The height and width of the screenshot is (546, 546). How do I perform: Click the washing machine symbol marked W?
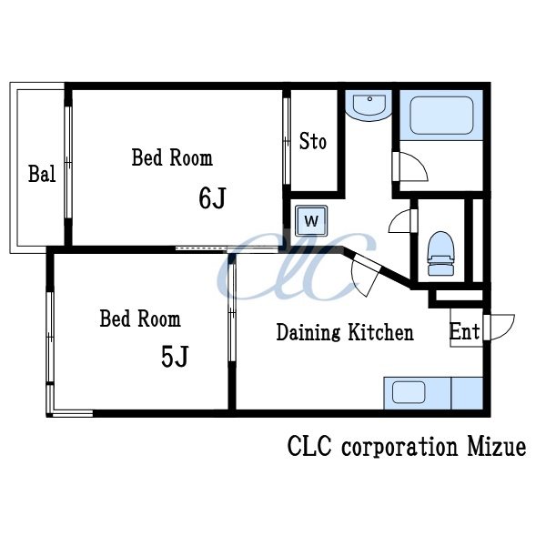tap(311, 221)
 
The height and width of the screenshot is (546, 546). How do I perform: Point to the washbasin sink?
tap(369, 106)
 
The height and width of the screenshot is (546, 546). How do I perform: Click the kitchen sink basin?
tap(409, 392)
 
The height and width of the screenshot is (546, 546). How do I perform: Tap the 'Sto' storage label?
tap(313, 141)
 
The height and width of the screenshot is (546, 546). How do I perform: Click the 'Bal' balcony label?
tap(42, 174)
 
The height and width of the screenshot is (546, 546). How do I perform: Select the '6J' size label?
tap(212, 197)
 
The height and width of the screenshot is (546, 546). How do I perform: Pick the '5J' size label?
tap(175, 357)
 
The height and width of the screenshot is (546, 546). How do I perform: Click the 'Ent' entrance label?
tap(464, 331)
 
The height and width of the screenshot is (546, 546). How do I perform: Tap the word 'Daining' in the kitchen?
tap(308, 332)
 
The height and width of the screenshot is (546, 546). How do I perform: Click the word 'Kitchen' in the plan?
tap(381, 332)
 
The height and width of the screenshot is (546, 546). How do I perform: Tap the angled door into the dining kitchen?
tap(365, 274)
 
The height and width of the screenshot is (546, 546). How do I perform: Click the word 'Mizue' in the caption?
tap(496, 447)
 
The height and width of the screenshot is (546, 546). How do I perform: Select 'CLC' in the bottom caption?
tap(309, 447)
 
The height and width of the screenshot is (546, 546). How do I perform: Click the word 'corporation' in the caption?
tap(399, 448)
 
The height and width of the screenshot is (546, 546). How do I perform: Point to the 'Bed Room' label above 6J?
tap(172, 157)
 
